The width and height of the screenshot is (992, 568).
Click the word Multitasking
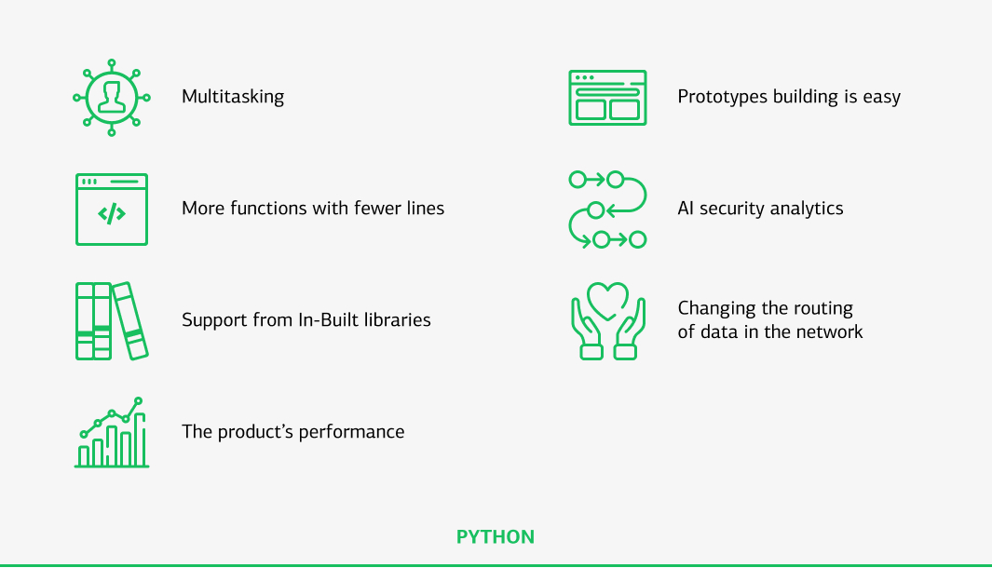click(233, 97)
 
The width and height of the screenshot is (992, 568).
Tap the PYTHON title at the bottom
click(496, 537)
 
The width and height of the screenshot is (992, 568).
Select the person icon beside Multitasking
click(112, 97)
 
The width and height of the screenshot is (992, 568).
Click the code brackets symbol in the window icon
click(112, 214)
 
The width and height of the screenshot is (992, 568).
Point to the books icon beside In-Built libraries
click(111, 320)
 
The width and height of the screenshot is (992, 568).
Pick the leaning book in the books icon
click(130, 320)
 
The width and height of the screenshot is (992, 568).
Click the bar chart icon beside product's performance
click(112, 433)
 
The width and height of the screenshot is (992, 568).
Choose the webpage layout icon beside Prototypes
click(607, 98)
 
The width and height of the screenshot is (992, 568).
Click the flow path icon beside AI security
click(607, 210)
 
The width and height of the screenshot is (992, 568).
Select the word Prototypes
click(723, 97)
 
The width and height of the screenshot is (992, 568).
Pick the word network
click(830, 331)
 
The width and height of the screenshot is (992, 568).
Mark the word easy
click(881, 97)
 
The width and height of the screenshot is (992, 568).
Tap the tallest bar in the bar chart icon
click(140, 440)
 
